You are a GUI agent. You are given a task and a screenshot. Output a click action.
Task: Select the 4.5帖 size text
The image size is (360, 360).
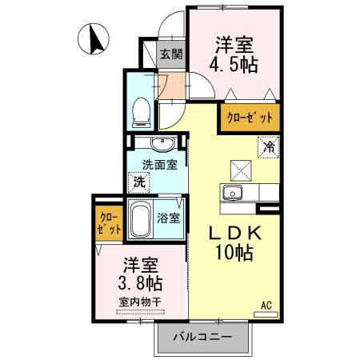(x=234, y=64)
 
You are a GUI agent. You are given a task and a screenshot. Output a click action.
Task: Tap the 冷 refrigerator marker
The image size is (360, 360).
(x=270, y=147)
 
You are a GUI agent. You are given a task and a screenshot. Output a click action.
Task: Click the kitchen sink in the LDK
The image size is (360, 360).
(x=234, y=192)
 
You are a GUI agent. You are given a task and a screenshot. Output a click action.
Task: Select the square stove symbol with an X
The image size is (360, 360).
(x=240, y=170)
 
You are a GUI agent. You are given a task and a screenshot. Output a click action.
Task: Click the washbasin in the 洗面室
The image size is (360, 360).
(x=162, y=144)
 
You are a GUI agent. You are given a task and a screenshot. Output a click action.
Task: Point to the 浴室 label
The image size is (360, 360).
(x=169, y=218)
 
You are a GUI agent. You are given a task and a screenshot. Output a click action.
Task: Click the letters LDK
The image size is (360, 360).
(x=234, y=232)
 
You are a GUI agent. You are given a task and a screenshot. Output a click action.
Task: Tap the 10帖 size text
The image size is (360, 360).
(x=234, y=254)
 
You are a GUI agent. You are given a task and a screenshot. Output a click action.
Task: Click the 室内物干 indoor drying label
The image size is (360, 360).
(x=141, y=302)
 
